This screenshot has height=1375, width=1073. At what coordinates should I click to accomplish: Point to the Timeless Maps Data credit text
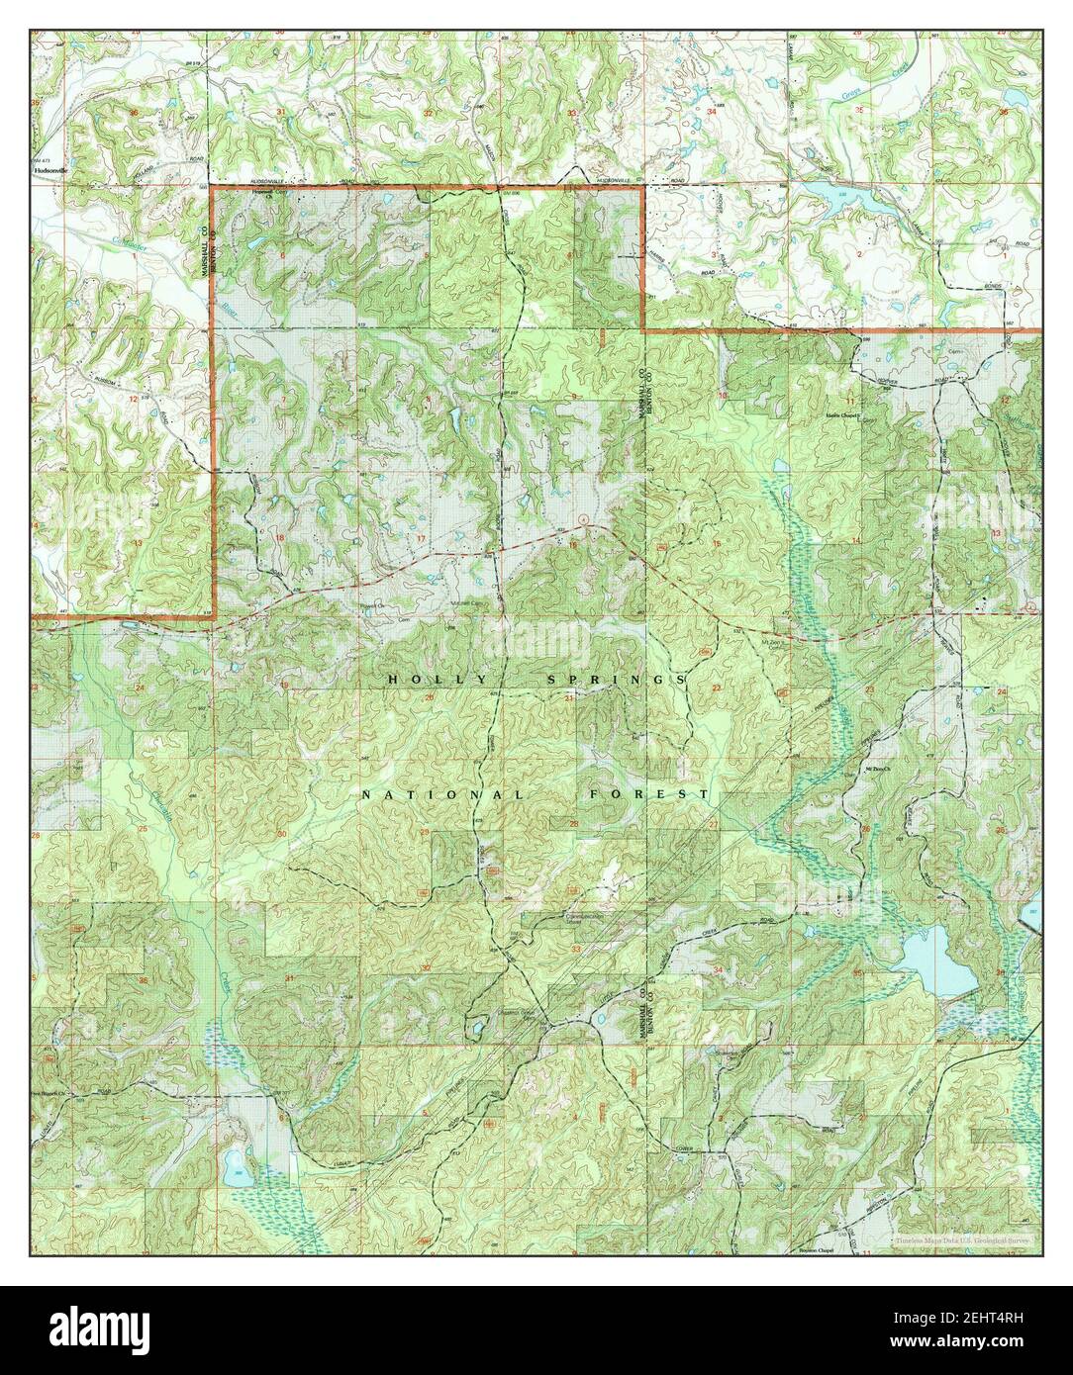point(964,1240)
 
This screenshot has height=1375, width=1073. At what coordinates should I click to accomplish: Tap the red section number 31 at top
point(281,113)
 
